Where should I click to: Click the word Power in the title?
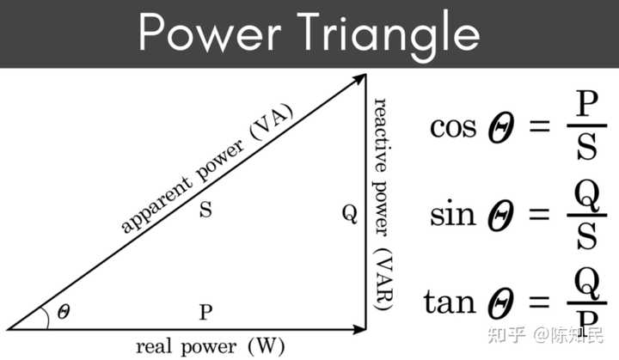coord(209,32)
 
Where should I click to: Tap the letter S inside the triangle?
coord(205,209)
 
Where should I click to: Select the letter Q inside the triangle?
coord(350,214)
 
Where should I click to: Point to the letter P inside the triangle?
coord(205,312)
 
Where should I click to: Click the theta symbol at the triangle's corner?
coord(64,312)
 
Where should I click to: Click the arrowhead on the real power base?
coord(359,329)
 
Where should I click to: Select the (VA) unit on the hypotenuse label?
coord(272,122)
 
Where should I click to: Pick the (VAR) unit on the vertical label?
coord(383,279)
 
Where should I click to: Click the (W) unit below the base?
coord(266,346)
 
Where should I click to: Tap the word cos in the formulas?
coord(453,127)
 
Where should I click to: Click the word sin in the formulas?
coord(452,214)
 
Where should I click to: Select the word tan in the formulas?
coord(450,302)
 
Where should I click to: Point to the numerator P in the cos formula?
coord(586,103)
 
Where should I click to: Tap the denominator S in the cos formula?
coord(586,147)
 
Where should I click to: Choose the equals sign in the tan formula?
coord(539,302)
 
